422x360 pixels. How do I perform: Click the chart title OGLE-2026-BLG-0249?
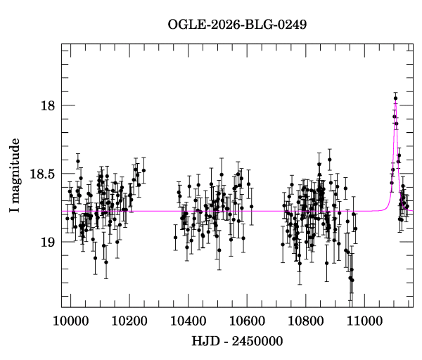pyautogui.click(x=237, y=25)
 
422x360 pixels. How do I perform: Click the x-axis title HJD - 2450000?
pyautogui.click(x=237, y=340)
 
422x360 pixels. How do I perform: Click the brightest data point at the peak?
pyautogui.click(x=395, y=98)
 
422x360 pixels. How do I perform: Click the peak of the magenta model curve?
pyautogui.click(x=396, y=102)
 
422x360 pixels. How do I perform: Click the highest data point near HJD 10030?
pyautogui.click(x=78, y=162)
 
